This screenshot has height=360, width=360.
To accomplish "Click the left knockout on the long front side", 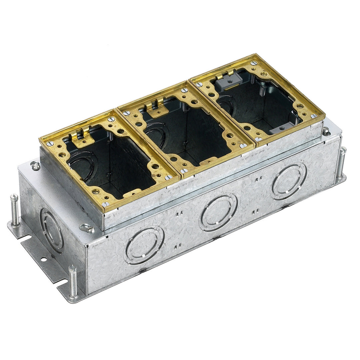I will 144,245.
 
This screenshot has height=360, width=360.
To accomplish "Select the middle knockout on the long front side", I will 219,212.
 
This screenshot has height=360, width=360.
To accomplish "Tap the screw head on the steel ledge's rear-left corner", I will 35,165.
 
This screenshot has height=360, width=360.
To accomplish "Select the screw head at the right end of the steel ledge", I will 326,131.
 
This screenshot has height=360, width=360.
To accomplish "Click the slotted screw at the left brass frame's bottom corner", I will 106,204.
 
